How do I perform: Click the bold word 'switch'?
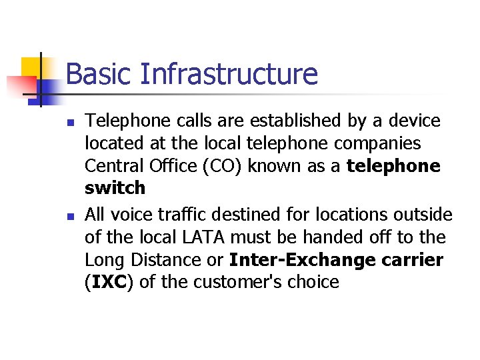point(115,189)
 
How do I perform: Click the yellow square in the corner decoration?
point(33,69)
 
